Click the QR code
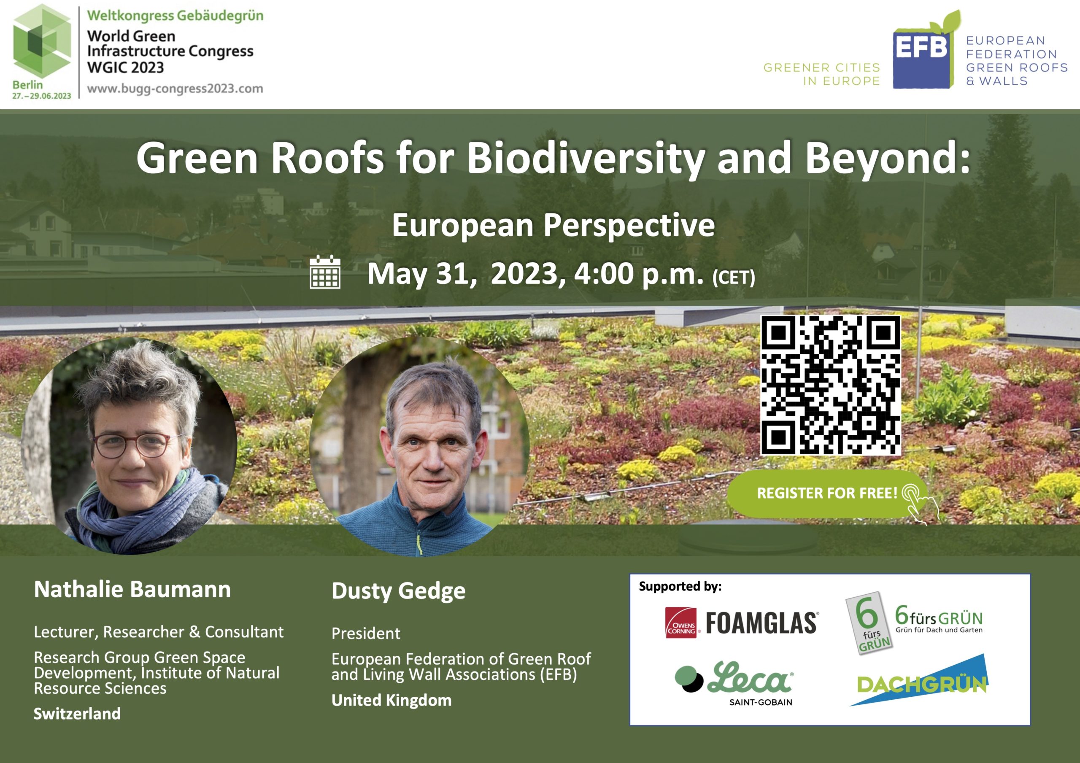tap(831, 385)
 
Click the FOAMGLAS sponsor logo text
tap(762, 623)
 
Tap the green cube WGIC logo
tap(42, 41)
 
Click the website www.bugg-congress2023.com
tap(175, 89)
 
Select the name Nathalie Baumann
tap(132, 589)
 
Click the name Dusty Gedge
tap(398, 591)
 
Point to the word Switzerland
tap(77, 714)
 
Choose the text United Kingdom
tap(391, 700)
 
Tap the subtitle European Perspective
tap(553, 225)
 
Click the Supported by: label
tap(680, 587)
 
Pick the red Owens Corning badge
tap(680, 623)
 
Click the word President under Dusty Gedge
tap(366, 633)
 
